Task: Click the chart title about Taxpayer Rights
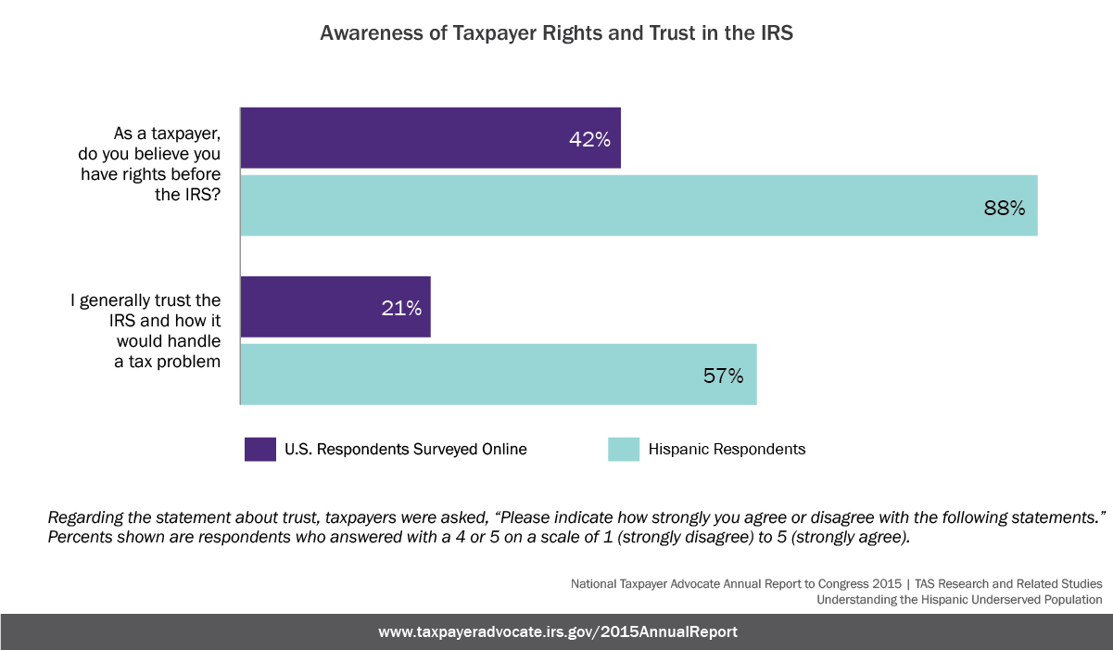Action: tap(556, 32)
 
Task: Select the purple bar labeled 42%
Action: tap(430, 138)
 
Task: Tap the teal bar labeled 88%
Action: tap(639, 206)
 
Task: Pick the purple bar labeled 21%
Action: tap(335, 307)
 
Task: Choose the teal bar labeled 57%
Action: tap(499, 374)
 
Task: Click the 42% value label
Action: tap(589, 140)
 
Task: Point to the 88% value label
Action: tap(1004, 208)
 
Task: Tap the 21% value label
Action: tap(401, 309)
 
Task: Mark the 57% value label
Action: tap(723, 376)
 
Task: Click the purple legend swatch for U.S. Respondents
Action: tap(260, 449)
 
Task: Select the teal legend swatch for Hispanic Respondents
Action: tap(624, 449)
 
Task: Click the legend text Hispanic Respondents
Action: tap(727, 449)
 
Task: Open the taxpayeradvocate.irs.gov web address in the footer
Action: tap(558, 631)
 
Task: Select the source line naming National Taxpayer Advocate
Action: tap(836, 584)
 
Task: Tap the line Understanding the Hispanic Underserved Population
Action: tap(959, 600)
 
